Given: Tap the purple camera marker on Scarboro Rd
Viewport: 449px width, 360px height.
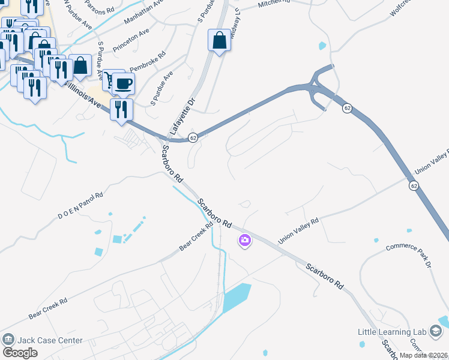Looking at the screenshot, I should pos(245,241).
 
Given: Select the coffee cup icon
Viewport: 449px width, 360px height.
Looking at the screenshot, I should pos(124,84).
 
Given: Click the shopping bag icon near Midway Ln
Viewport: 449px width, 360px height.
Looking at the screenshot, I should pos(220,41).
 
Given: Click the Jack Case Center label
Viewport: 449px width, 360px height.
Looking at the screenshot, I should pos(50,340).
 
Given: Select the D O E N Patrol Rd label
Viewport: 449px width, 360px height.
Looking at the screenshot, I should pos(80,206).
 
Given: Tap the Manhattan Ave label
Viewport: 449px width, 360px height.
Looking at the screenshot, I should pos(144,12).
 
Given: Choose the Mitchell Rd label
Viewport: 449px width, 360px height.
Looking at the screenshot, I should pos(274,4).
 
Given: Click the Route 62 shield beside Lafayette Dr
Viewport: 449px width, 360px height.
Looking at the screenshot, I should pos(193,137).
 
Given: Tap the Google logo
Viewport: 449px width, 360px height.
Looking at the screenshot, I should pos(20,352).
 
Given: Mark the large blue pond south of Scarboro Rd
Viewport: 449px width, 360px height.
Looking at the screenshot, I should pos(236,298).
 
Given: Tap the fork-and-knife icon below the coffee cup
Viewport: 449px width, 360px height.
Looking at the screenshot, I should pos(121,110).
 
